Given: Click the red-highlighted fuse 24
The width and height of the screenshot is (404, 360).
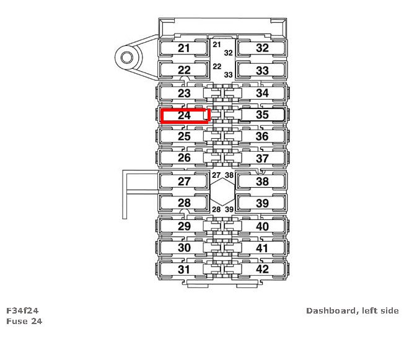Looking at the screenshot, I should tap(185, 115).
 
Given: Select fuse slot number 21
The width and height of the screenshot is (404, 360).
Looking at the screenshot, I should tap(184, 48).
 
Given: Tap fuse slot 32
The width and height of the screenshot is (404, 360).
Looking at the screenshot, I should tap(262, 48).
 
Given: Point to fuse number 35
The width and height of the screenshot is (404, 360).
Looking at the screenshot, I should tap(262, 115).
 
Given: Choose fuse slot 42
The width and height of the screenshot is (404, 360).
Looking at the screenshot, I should tap(262, 270).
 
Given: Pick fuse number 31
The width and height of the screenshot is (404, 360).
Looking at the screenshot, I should tap(184, 270).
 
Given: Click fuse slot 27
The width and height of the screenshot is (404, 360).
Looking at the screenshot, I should tap(184, 182).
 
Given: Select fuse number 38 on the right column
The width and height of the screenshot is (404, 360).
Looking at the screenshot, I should tap(262, 182).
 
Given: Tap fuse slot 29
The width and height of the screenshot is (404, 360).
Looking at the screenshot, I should tap(184, 226).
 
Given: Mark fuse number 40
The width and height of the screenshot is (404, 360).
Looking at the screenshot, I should tap(262, 226).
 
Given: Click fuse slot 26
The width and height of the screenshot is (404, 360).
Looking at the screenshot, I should tap(184, 158).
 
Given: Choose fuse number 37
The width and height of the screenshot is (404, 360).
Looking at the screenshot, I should tap(262, 158).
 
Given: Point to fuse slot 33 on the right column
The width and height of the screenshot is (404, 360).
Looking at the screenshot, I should tap(262, 71).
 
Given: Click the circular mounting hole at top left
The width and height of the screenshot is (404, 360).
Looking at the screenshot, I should tap(127, 58).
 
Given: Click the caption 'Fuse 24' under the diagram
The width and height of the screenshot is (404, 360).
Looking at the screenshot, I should tap(24, 321).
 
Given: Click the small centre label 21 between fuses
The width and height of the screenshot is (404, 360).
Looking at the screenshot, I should tap(216, 45).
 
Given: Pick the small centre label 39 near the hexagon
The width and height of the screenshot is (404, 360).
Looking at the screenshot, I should tap(229, 209).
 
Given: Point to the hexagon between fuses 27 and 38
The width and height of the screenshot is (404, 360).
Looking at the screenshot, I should tap(222, 192).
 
